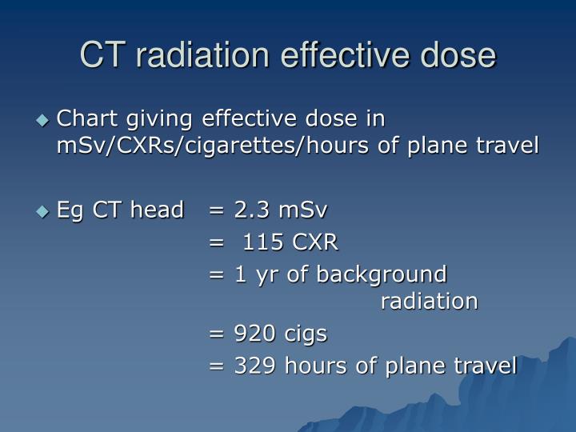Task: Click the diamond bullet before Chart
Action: point(43,120)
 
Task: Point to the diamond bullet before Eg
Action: point(43,211)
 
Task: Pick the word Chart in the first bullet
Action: point(88,119)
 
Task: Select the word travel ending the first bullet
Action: point(508,146)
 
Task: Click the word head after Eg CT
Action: point(158,210)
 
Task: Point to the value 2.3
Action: point(250,210)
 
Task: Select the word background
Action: point(382,274)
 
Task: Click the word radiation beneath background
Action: point(429,302)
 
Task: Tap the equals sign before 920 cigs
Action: point(216,334)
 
